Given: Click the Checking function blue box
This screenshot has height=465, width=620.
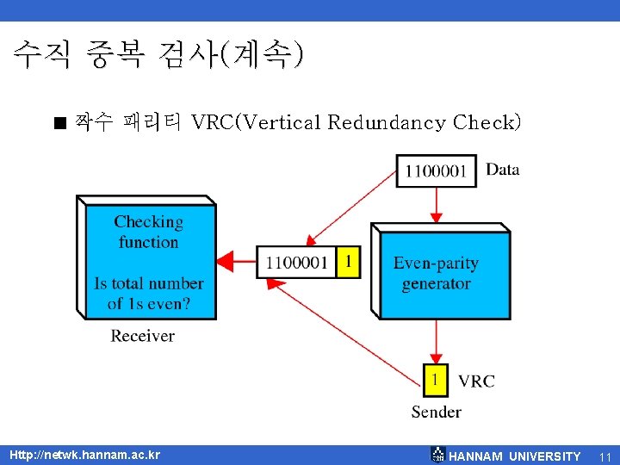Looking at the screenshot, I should (x=149, y=261).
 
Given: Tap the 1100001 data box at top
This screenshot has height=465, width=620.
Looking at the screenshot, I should (x=436, y=170).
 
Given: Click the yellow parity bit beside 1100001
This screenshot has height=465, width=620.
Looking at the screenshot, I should (x=347, y=261).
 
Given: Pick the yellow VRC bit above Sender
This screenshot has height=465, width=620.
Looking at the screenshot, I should (x=436, y=379).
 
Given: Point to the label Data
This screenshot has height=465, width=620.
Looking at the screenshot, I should (x=503, y=169).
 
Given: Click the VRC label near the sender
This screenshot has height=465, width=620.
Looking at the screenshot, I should (x=476, y=381).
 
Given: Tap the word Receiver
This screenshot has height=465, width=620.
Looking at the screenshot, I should (x=142, y=336).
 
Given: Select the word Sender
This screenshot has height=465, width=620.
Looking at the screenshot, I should (x=436, y=412).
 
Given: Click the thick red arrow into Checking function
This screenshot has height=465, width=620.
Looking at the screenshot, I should (x=235, y=261).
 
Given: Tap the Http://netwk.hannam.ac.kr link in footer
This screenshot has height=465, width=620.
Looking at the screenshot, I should (x=84, y=455).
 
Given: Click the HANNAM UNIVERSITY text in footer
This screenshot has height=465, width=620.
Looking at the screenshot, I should (x=515, y=456).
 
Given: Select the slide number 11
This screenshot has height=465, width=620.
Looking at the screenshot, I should (x=604, y=456).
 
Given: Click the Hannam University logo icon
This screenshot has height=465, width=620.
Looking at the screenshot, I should (x=437, y=455).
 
